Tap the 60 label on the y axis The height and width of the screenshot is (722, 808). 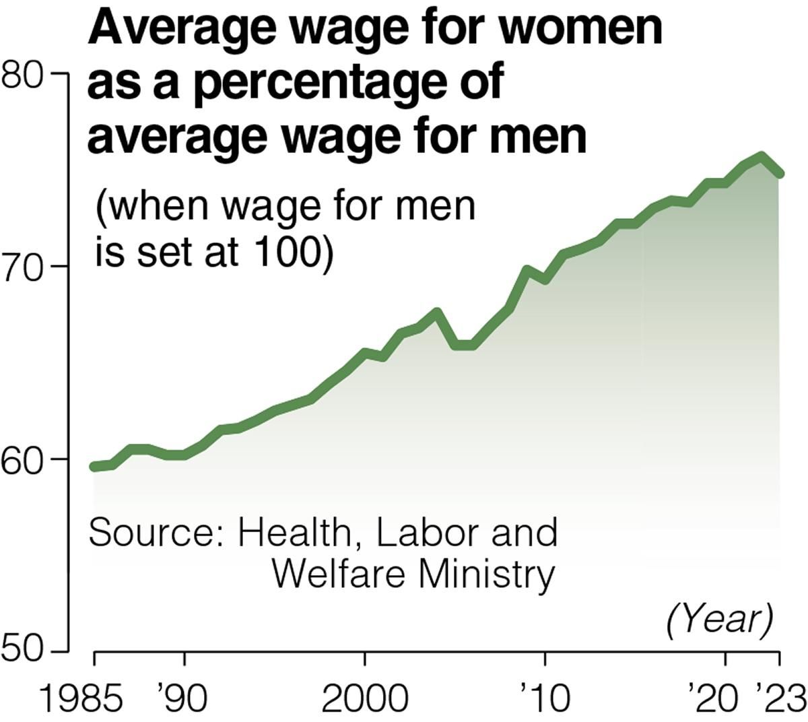tap(23, 459)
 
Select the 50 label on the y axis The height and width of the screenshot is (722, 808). tap(23, 652)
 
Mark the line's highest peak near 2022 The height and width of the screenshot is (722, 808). tap(761, 157)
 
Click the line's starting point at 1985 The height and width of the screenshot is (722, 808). tap(94, 466)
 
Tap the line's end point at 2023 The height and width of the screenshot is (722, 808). tap(779, 174)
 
